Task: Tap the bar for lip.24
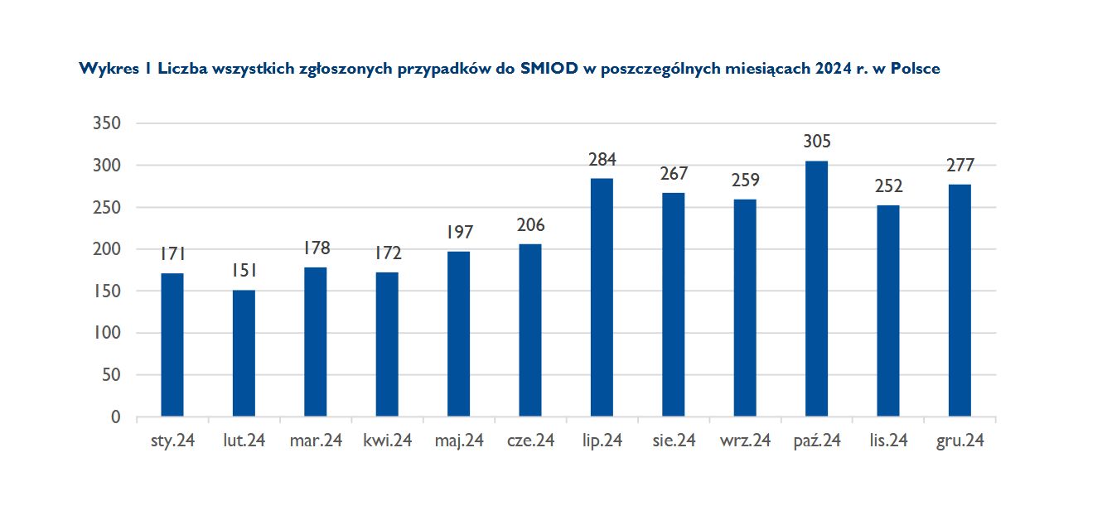pos(602,297)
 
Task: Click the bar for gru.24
pos(960,300)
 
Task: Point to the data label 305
pos(816,142)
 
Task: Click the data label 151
pos(244,271)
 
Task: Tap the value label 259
pos(745,180)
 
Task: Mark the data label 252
pos(888,185)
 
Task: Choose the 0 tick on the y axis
pos(116,416)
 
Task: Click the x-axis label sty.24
pos(172,441)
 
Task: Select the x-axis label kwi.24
pos(387,441)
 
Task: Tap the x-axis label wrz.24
pos(745,441)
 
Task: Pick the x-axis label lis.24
pos(888,441)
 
